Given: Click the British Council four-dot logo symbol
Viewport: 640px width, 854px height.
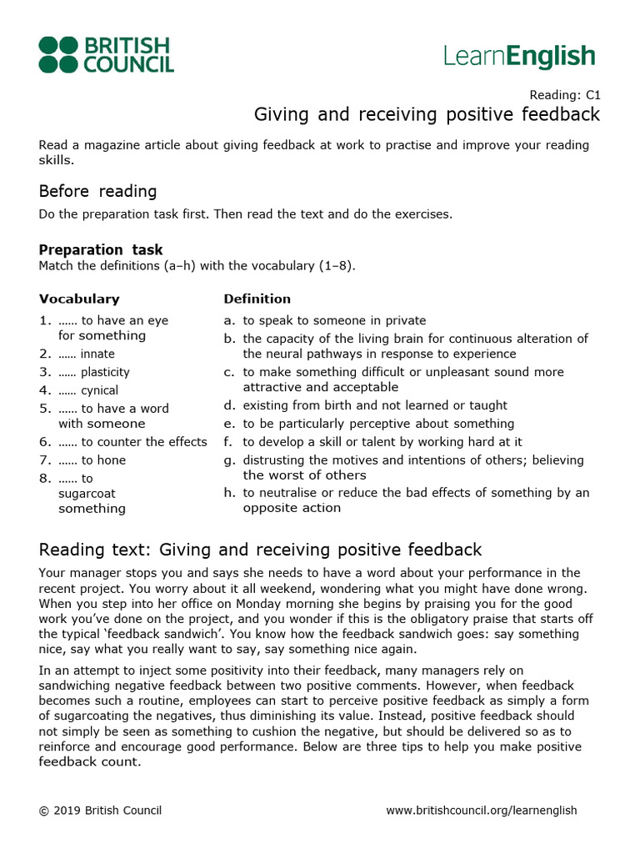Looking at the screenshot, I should (x=58, y=55).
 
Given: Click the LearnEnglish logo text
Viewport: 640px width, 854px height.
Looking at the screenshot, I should (x=519, y=56).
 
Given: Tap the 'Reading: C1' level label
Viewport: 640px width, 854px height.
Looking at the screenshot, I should (x=565, y=95).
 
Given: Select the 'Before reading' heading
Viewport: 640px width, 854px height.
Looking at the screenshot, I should (x=97, y=191).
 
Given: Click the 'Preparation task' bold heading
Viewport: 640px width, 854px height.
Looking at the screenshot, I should (x=101, y=250).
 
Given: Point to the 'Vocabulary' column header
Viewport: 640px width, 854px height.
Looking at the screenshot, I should (x=79, y=299).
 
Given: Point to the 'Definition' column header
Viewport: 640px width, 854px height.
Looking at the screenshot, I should (x=257, y=299).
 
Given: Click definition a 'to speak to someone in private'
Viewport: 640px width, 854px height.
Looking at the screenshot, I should (x=333, y=320).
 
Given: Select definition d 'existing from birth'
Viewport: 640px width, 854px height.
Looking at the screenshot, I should (x=374, y=405).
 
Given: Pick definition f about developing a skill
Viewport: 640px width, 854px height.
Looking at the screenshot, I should (x=382, y=442).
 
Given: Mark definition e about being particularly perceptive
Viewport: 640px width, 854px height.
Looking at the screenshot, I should (x=378, y=424).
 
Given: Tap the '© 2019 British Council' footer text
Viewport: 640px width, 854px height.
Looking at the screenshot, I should (x=100, y=811).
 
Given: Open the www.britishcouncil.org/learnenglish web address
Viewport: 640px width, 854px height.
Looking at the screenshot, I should (x=482, y=811).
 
